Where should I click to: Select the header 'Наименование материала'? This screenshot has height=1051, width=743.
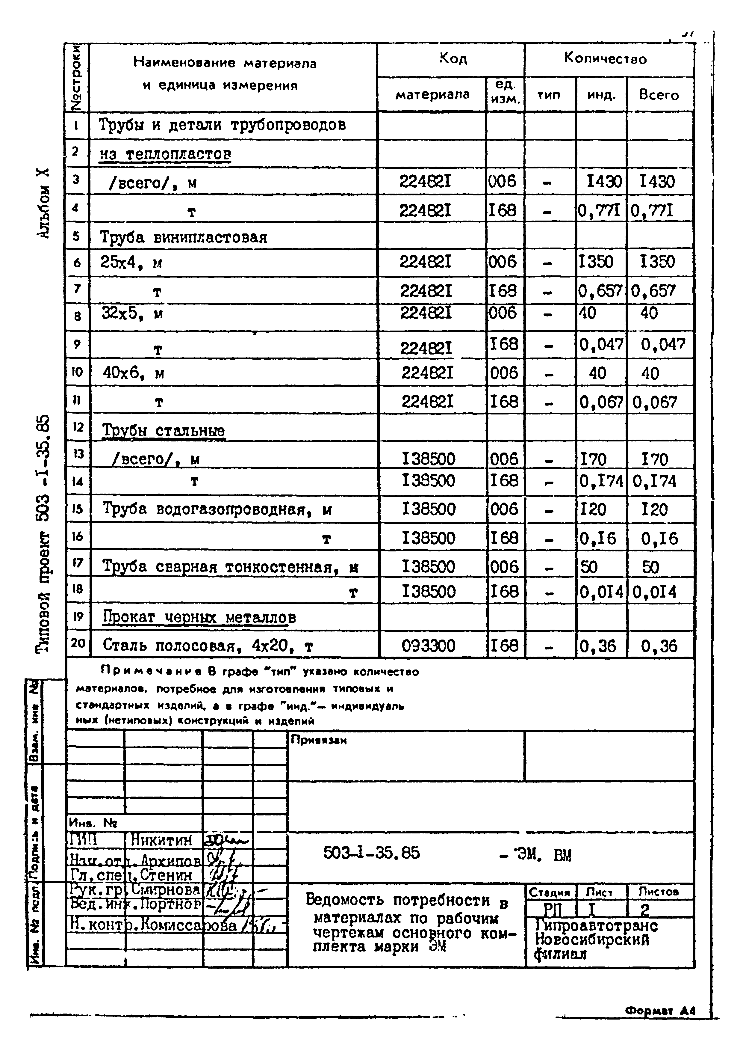coord(225,63)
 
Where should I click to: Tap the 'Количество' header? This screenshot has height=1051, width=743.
coord(605,59)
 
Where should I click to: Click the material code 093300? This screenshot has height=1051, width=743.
coord(428,646)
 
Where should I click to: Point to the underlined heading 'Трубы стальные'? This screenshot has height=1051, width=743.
coord(163,431)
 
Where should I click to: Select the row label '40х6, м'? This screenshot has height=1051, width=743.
coord(133,373)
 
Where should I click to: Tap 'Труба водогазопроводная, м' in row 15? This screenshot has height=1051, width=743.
coord(217,509)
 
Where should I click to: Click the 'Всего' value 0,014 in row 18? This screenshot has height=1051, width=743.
coord(654,592)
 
